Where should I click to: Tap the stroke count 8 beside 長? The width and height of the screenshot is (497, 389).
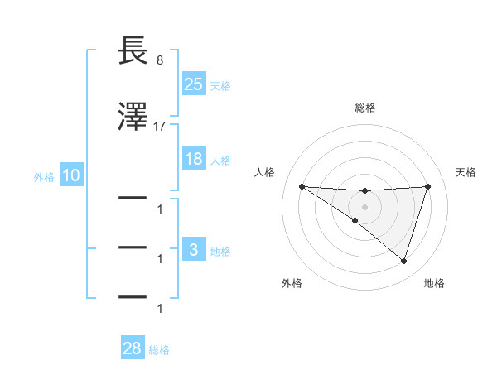159,60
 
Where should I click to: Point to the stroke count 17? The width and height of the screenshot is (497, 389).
160,127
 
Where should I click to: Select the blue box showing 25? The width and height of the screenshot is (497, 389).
193,84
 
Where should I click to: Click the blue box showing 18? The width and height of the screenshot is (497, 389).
193,159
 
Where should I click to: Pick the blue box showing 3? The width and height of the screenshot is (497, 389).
193,250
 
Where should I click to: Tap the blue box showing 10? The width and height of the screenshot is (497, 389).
70,176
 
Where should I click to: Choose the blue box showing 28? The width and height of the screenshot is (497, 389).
133,349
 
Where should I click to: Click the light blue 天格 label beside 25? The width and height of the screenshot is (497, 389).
220,85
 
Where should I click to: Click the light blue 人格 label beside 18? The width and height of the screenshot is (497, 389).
220,161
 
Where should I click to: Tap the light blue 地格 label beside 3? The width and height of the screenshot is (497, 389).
220,252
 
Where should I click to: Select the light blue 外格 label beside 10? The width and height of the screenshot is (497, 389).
44,177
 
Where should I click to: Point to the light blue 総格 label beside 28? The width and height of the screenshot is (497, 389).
159,351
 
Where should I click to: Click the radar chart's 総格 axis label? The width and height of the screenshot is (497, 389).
365,108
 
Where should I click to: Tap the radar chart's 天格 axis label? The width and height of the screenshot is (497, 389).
466,172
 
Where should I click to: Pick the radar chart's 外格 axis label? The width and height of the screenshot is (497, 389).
292,283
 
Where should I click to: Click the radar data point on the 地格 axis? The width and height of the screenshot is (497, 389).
403,262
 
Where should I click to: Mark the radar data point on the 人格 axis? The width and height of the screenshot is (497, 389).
302,186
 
